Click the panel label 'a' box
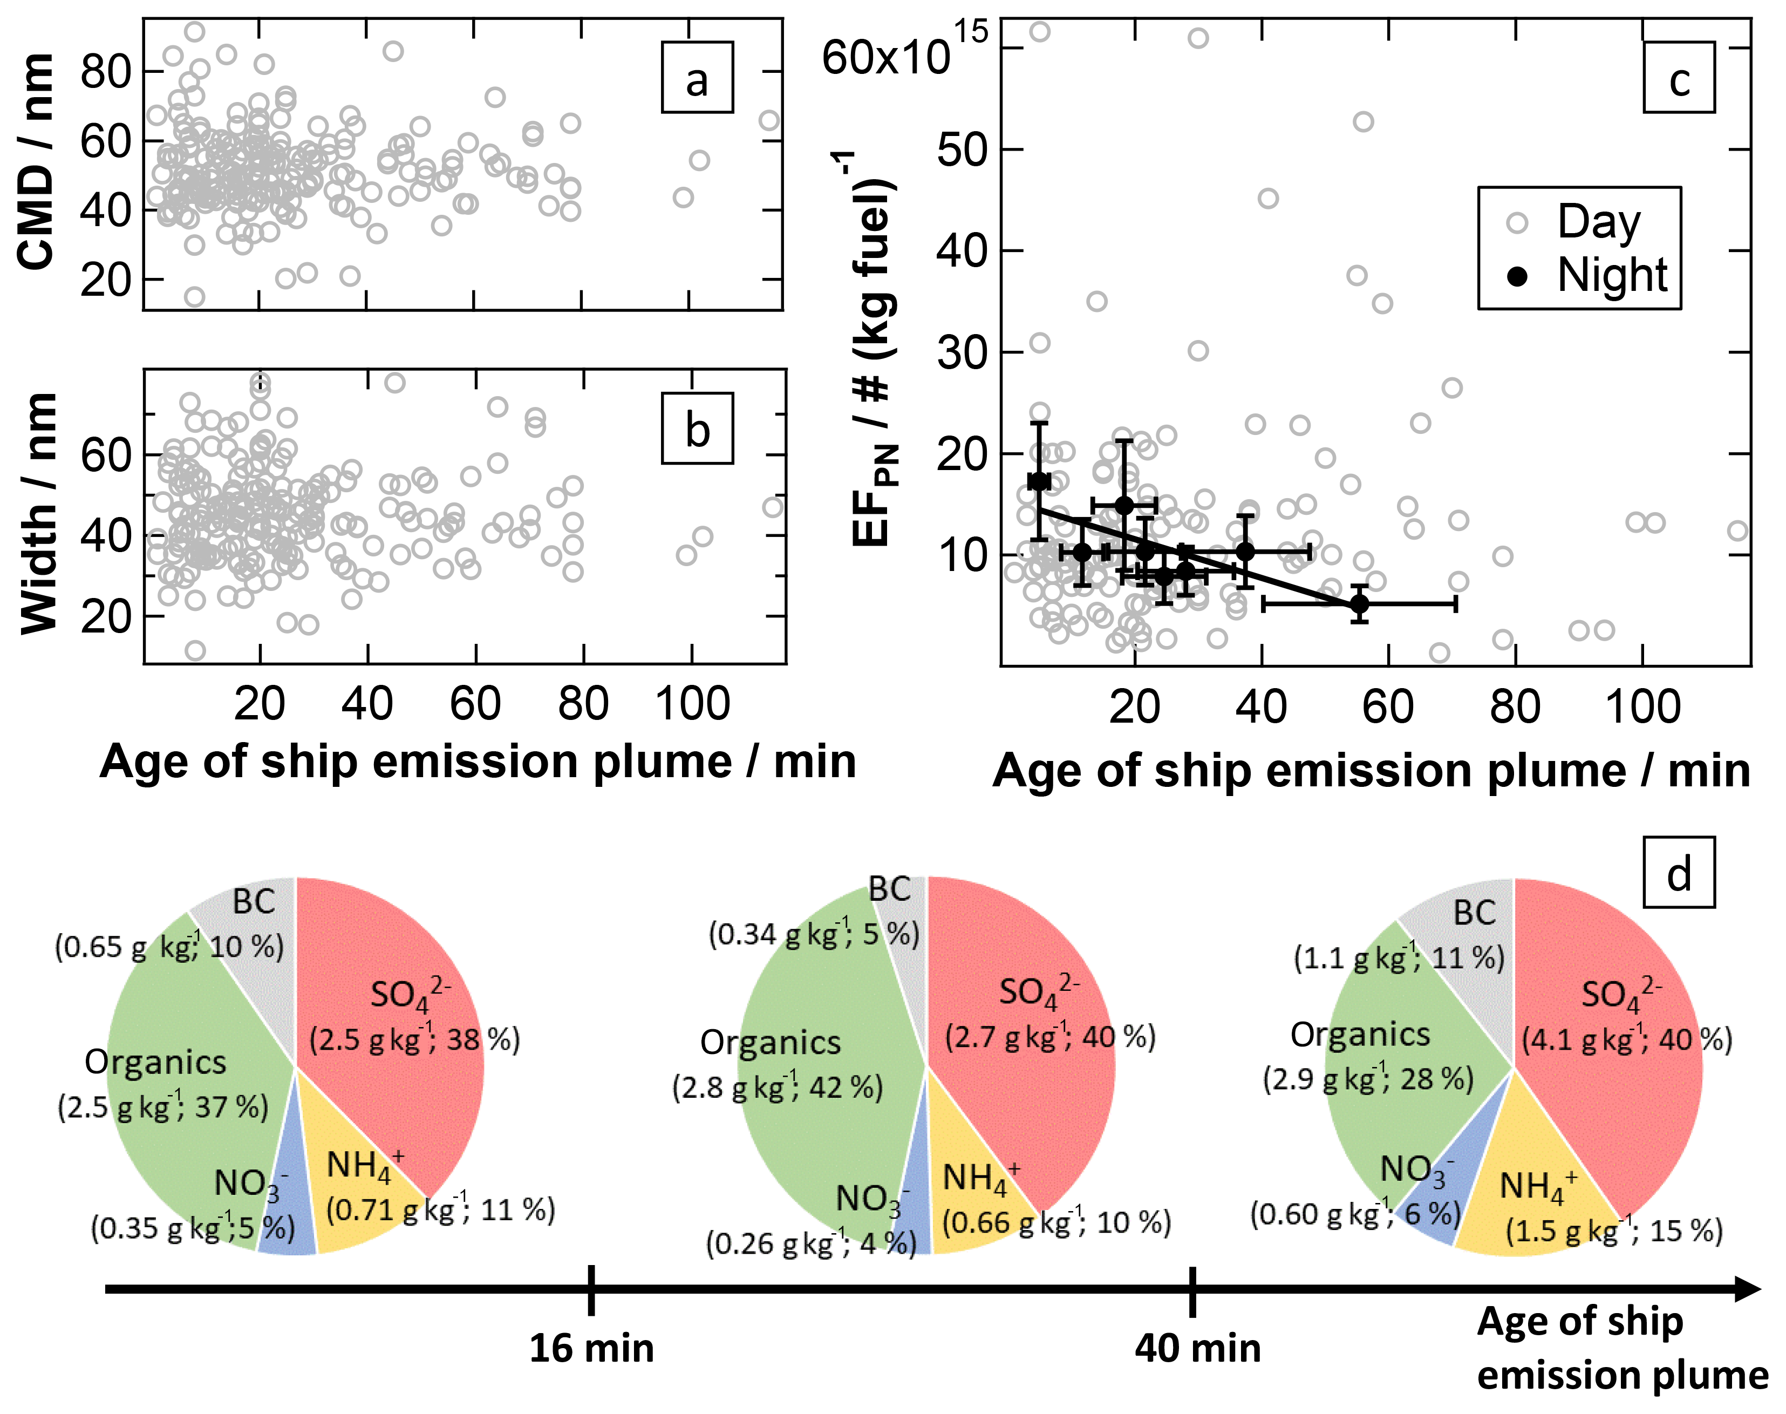coord(697,77)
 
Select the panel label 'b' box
coord(697,428)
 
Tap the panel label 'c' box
coord(1679,77)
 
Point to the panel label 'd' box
coord(1679,873)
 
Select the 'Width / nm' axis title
coord(38,513)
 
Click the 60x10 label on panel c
coord(885,58)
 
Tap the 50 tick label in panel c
coord(963,151)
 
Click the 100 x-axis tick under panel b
coord(692,704)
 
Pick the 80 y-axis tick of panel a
coord(106,72)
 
